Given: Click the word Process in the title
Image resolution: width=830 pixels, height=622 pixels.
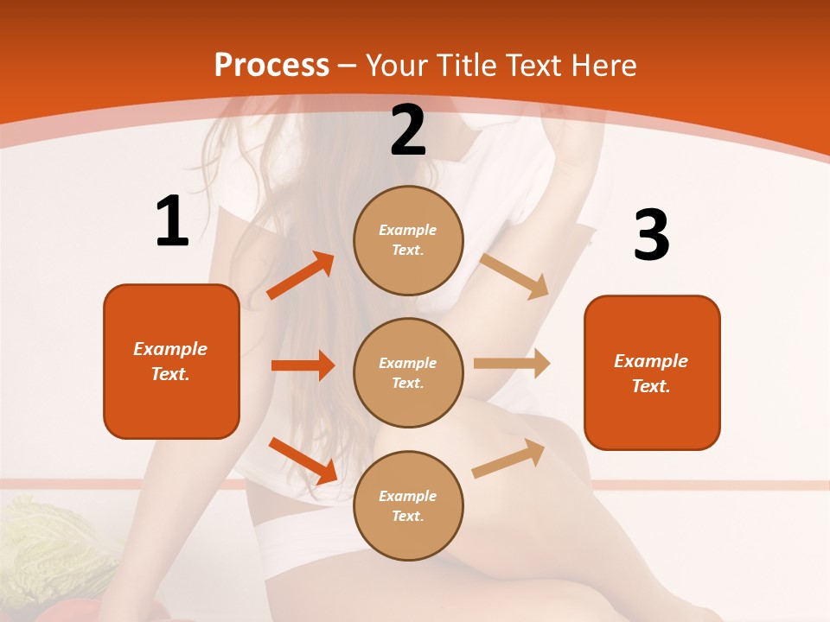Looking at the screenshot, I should click(271, 65).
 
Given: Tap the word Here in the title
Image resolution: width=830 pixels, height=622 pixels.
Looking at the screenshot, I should click(603, 65).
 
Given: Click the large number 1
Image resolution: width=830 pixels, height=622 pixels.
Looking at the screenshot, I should click(171, 221).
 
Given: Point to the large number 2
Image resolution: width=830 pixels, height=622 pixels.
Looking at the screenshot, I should click(408, 130).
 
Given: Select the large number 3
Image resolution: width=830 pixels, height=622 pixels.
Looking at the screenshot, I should click(651, 235).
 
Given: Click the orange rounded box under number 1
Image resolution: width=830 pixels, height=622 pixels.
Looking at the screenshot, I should click(171, 361).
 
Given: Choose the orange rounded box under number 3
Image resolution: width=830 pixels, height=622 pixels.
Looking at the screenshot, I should click(652, 372).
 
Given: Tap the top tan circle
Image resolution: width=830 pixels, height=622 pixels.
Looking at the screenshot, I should click(408, 240).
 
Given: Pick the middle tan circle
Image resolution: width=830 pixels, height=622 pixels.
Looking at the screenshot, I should click(408, 372).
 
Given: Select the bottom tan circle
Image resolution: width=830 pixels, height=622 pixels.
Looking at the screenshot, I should click(408, 505).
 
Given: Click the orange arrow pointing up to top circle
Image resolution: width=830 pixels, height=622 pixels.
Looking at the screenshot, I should click(301, 276).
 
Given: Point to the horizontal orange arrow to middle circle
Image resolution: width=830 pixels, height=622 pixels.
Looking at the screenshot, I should click(303, 365).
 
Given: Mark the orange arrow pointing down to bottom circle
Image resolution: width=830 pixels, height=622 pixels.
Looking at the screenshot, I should click(303, 460).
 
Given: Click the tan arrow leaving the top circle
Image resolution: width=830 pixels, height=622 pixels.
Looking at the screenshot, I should click(514, 276).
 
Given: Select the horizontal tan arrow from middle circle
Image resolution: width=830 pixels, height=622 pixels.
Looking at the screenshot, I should click(512, 363).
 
